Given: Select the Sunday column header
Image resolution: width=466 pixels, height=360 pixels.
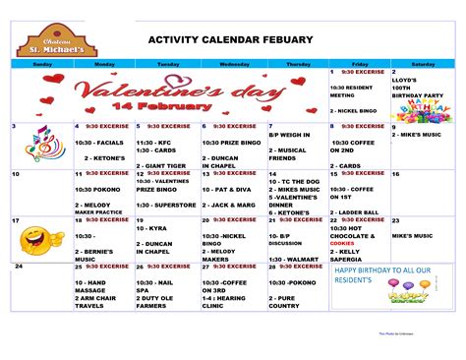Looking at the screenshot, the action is pos(42,63).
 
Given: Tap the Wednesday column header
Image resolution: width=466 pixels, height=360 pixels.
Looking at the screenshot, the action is pos(233,63).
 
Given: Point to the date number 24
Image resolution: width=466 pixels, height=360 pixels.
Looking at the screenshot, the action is pos(18,267).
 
